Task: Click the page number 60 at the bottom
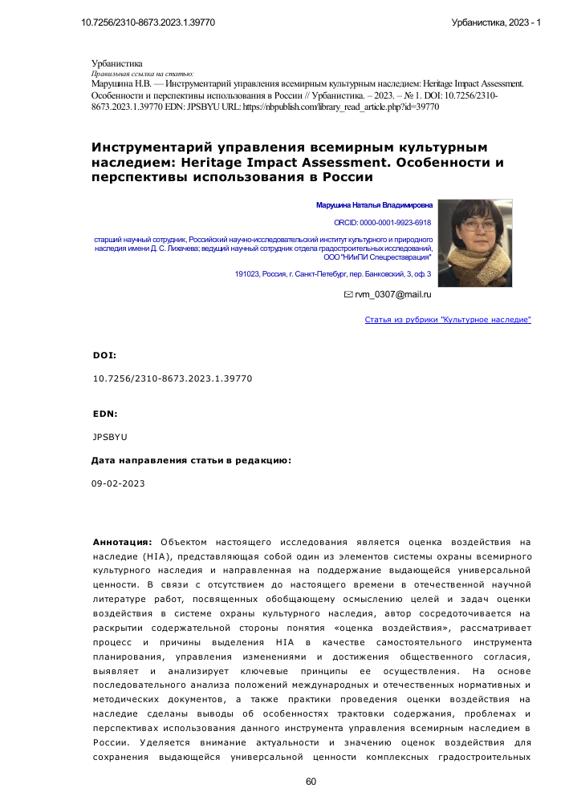point(312,782)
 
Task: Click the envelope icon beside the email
point(348,295)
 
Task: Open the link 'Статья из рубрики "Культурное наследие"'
point(448,320)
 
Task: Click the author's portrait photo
point(486,242)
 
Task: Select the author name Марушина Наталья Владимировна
point(374,205)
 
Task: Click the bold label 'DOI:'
point(104,354)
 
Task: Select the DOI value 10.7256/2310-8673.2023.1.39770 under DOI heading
point(173,377)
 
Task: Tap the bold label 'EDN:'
point(105,414)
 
